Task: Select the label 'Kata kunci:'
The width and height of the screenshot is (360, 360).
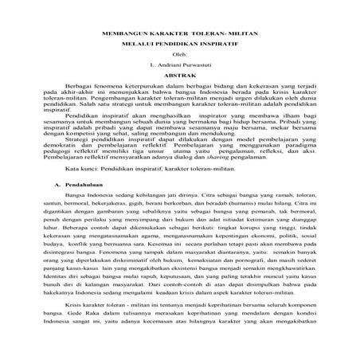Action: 83,169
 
